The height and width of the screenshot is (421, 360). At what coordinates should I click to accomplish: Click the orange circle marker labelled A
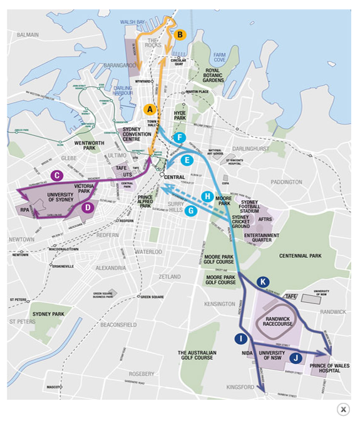(x=149, y=109)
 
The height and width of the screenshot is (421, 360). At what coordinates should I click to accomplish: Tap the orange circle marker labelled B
(x=180, y=35)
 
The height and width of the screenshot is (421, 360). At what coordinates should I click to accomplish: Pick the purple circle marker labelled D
(x=88, y=208)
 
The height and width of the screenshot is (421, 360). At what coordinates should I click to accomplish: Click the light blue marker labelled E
(x=186, y=160)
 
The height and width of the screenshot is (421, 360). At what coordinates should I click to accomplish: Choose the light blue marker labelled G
(x=191, y=211)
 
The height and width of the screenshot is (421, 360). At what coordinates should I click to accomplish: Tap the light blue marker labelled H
(x=208, y=196)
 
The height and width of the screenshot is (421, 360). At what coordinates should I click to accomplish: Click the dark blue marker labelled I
(x=240, y=339)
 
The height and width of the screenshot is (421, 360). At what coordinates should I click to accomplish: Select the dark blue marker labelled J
(x=296, y=358)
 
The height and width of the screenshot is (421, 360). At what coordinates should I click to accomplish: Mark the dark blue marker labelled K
(x=263, y=282)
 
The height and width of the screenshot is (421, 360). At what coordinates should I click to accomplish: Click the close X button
(x=343, y=409)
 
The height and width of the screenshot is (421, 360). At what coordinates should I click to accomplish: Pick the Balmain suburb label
(x=28, y=35)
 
